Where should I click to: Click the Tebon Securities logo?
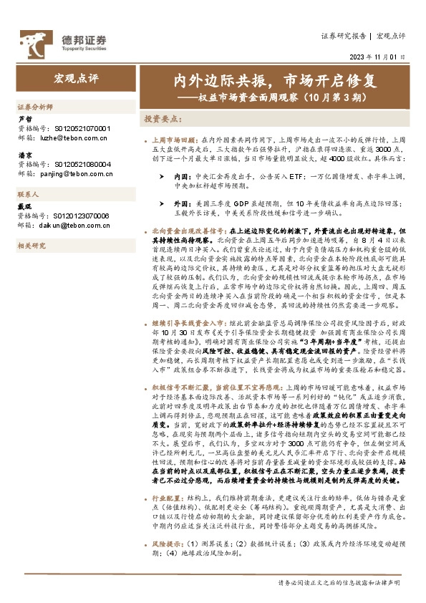tap(62, 40)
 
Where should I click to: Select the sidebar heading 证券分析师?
tap(36, 107)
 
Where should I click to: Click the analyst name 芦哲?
tap(25, 120)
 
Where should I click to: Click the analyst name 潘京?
tap(25, 154)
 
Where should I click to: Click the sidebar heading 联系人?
tap(29, 194)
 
